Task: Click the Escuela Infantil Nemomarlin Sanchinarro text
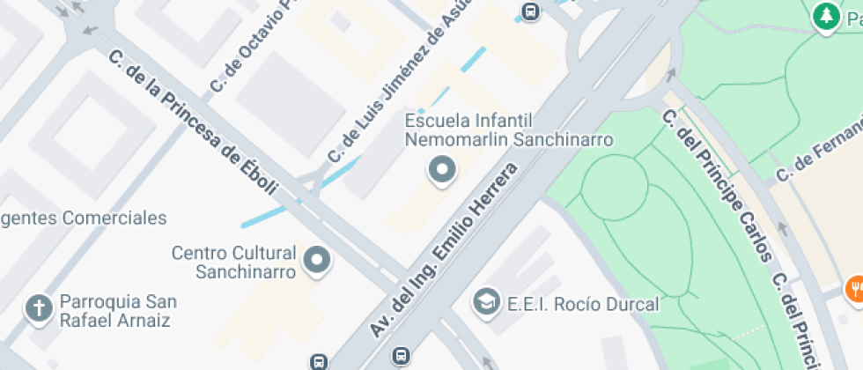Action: (508, 129)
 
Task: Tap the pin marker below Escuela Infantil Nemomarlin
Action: (441, 169)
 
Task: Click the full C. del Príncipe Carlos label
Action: (718, 185)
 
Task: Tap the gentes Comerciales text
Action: (84, 218)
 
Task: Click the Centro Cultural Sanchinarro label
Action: (233, 263)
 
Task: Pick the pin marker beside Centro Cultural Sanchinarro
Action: (316, 261)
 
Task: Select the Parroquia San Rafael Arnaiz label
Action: (114, 311)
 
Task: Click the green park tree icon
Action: (825, 16)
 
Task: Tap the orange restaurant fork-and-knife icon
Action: (854, 289)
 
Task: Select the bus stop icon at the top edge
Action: (530, 11)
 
